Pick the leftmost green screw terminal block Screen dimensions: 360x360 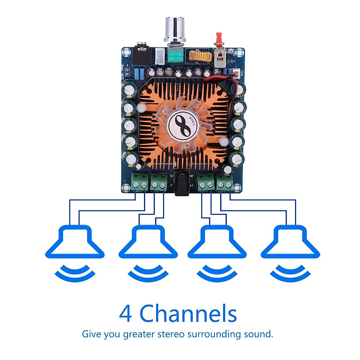pyautogui.click(x=140, y=181)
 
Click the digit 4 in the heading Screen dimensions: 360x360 pyautogui.click(x=126, y=314)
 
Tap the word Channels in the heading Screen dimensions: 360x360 pyautogui.click(x=188, y=314)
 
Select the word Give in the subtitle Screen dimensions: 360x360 pyautogui.click(x=91, y=334)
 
